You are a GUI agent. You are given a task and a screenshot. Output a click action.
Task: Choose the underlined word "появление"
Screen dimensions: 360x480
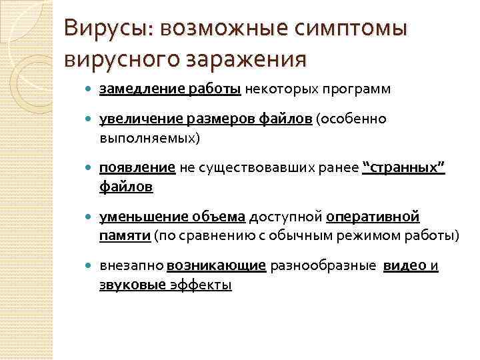click(x=137, y=169)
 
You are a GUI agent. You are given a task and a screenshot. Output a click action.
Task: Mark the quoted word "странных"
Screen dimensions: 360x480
click(x=403, y=169)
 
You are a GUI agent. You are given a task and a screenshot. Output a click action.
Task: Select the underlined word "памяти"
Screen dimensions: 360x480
click(x=125, y=236)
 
